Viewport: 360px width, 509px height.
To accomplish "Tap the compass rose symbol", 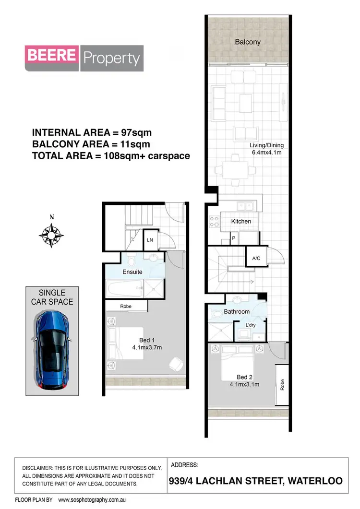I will click(51, 234).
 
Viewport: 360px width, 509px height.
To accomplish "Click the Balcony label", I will click(248, 42).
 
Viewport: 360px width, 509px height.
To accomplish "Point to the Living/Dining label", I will click(266, 145).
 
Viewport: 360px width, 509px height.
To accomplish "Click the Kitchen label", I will click(241, 221).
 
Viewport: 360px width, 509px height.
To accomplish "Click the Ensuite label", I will click(132, 272).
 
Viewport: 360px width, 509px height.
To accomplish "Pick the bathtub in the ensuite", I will click(123, 289).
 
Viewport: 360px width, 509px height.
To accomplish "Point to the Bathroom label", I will click(237, 311).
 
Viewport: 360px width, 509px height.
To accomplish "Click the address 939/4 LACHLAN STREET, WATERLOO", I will click(256, 481).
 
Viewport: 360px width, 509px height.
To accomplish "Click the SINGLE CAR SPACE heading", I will click(52, 297).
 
